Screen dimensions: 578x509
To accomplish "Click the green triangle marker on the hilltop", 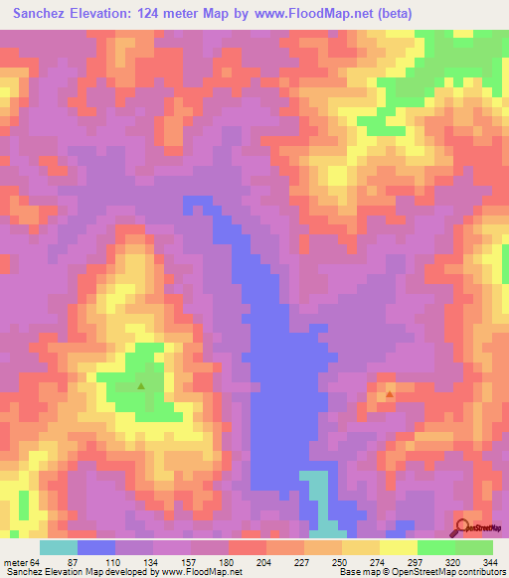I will click(141, 386).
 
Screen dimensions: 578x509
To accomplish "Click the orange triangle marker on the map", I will click(390, 394).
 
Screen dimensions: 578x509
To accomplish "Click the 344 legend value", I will click(492, 561).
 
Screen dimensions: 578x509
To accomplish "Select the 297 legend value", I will click(417, 561).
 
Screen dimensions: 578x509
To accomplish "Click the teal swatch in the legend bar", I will click(59, 547).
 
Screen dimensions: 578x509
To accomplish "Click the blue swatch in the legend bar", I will click(96, 547).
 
